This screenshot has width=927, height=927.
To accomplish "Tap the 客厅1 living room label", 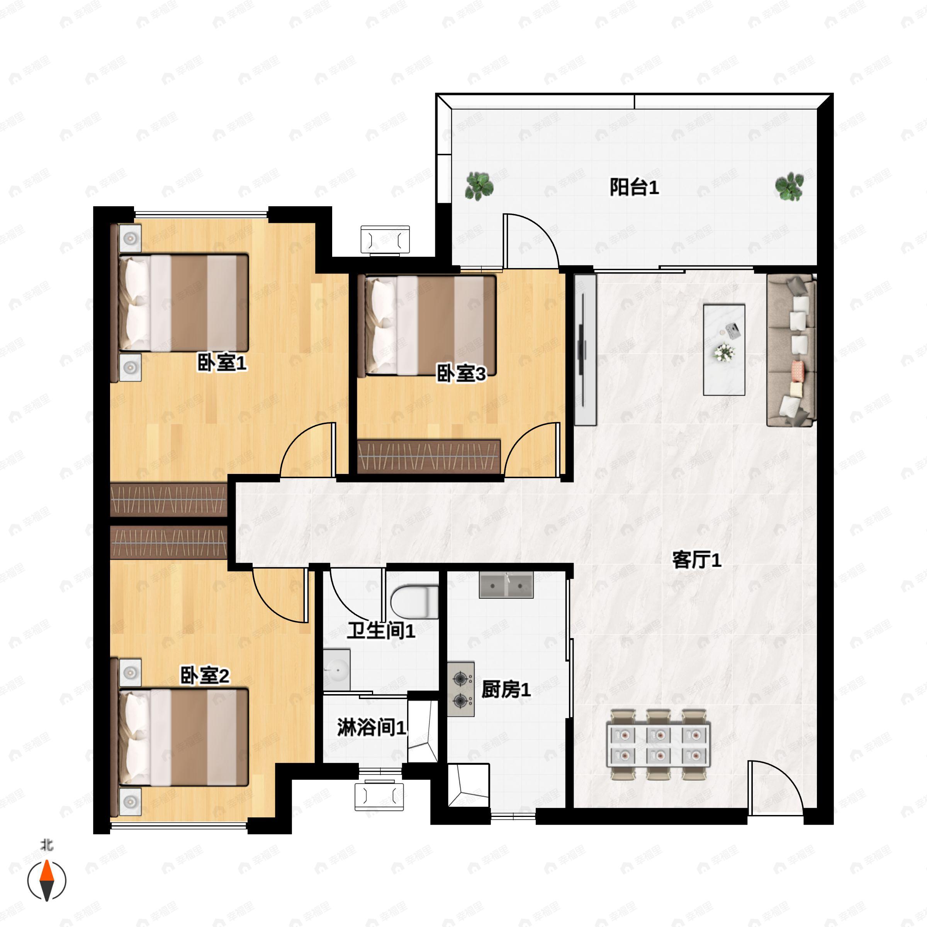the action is (x=697, y=560).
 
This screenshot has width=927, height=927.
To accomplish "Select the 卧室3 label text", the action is (x=461, y=373).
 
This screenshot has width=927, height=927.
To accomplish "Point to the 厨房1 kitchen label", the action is (x=506, y=690).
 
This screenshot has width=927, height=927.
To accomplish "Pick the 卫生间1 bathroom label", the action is (x=381, y=630).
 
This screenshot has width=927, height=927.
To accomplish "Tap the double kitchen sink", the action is (x=506, y=585).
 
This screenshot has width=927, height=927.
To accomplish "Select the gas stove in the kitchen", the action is (x=461, y=689).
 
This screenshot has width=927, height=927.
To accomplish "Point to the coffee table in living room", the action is (x=724, y=349).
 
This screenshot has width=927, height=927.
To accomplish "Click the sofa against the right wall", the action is (x=791, y=350).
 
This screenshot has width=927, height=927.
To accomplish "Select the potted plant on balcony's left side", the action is (x=479, y=186).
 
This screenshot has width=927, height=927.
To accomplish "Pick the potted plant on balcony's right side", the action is (x=789, y=187).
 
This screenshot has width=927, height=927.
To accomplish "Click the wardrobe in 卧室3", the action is (x=430, y=456).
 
